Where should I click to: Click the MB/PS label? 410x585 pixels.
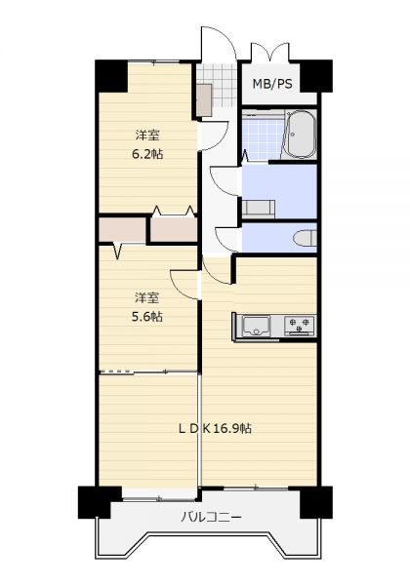272,84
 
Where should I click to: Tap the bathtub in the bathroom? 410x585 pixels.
300,135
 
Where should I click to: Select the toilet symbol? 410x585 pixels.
306,239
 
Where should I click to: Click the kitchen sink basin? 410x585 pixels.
256,326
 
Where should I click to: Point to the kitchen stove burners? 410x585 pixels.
300,325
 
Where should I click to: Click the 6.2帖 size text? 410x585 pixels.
147,154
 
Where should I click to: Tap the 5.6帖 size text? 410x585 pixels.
146,316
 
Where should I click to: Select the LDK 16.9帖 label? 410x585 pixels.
215,428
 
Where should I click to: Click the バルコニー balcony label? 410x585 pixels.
212,518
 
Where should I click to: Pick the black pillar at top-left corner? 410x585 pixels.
111,76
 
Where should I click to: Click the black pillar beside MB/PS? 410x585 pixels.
316,76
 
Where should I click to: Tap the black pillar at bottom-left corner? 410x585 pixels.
97,502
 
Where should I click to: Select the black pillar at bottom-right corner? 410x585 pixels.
316,502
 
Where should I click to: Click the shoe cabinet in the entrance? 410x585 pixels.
204,99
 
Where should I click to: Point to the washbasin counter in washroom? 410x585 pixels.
259,209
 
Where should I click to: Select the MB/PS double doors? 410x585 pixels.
270,51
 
